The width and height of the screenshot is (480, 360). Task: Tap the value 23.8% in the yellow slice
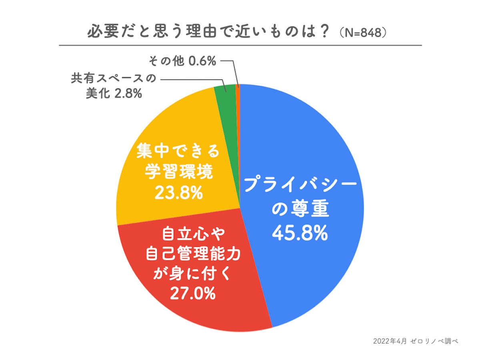[x=179, y=194]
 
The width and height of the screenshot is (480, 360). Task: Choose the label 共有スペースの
[x=113, y=79]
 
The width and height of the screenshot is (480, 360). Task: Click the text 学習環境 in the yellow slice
[x=179, y=173]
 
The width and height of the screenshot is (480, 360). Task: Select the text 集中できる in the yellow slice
[x=179, y=152]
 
